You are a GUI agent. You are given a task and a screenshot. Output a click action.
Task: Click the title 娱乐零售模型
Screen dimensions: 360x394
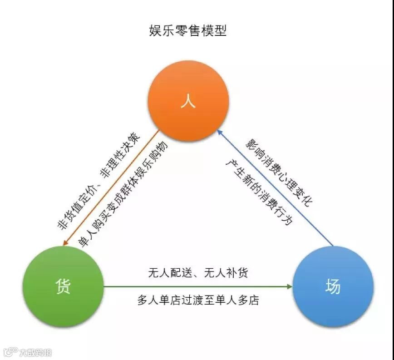[188, 31]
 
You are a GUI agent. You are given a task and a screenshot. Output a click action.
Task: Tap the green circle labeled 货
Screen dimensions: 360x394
[63, 286]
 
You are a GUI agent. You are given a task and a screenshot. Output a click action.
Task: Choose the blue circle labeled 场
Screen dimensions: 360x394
[333, 287]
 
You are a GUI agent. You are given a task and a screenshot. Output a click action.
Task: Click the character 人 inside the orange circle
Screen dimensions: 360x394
[188, 101]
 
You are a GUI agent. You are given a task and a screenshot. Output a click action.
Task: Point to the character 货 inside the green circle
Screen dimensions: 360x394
[63, 286]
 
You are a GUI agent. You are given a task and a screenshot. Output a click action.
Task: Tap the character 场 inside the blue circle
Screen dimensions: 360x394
[333, 287]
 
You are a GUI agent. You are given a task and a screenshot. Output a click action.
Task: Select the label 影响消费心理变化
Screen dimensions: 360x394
[279, 173]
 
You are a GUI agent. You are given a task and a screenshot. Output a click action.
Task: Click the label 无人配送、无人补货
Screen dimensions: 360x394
[198, 273]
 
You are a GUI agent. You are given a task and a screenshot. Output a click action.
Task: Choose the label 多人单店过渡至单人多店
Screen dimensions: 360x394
[198, 301]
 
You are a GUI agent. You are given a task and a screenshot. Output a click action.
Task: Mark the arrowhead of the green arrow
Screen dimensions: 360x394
[289, 287]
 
